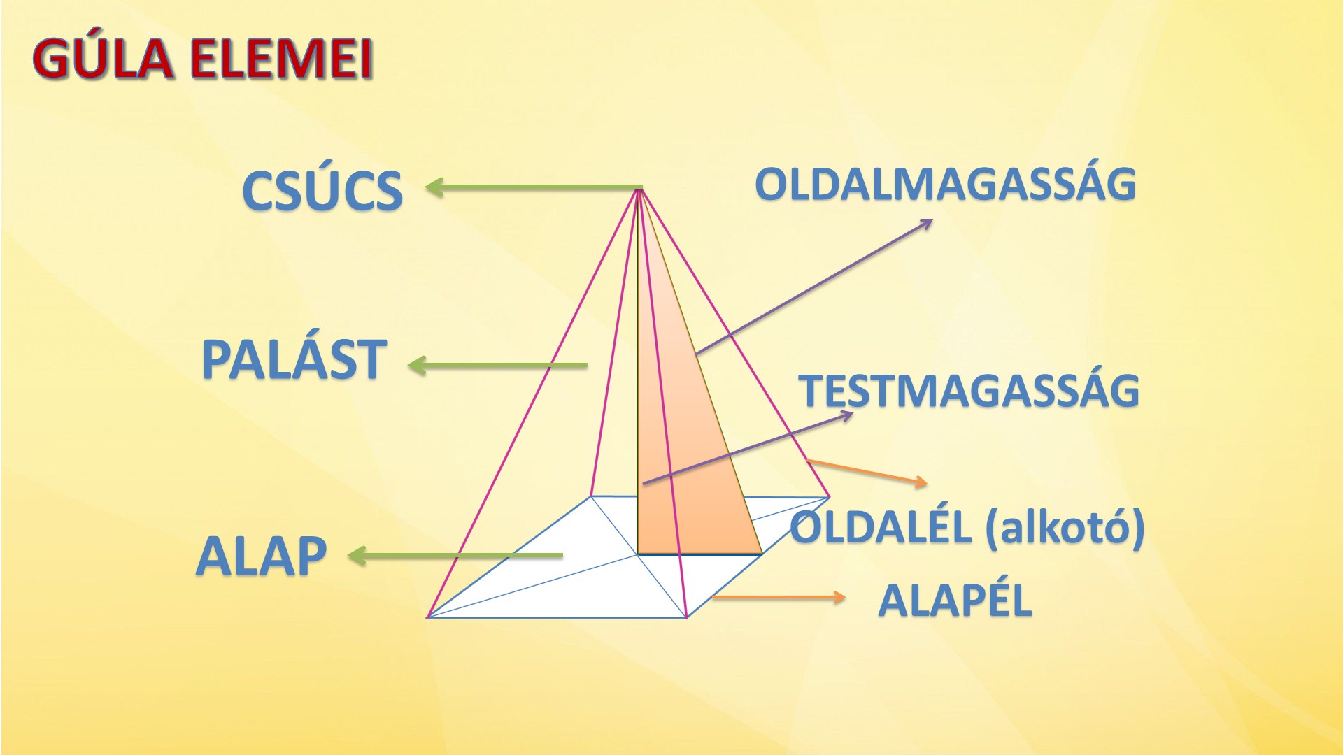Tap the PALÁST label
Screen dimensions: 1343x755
[294, 360]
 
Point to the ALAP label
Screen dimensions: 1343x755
[262, 557]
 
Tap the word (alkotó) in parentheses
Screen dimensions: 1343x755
[1065, 528]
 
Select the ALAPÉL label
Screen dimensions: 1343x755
[955, 600]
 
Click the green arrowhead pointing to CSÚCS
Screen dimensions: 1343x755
[435, 187]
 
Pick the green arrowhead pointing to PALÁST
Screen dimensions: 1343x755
[418, 365]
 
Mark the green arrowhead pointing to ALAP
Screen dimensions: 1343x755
[357, 556]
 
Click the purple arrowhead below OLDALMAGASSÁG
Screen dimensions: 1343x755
[925, 223]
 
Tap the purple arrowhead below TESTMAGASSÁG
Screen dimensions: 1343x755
[846, 416]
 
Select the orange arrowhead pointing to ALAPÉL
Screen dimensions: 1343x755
[839, 597]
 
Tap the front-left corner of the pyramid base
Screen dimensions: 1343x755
[428, 617]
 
